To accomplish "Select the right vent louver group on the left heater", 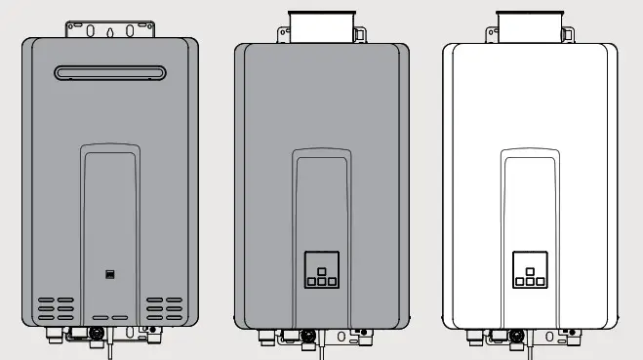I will point(165,309).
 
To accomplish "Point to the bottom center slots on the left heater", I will point(110,318).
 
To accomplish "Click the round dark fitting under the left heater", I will point(97,334).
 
